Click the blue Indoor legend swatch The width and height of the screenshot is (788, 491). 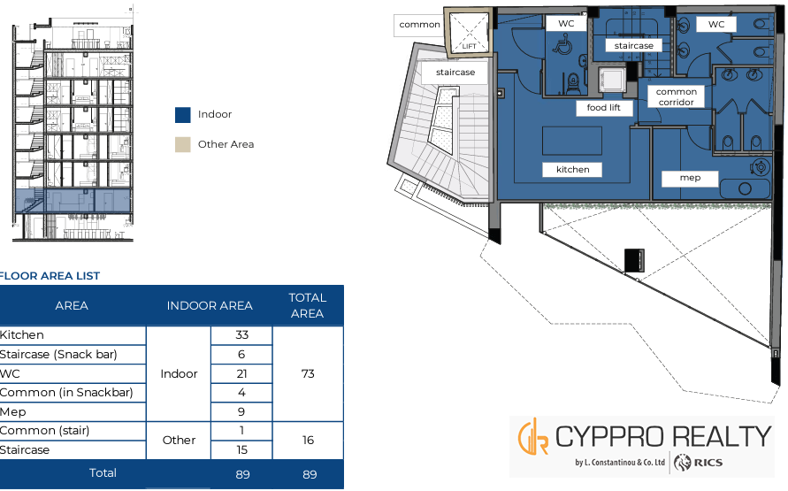[183, 115]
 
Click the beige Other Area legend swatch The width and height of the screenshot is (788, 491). [183, 145]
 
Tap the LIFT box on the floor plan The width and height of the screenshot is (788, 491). [469, 32]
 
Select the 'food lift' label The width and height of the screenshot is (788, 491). [603, 108]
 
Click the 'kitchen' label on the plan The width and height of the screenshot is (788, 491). [572, 170]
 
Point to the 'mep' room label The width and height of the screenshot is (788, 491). [690, 178]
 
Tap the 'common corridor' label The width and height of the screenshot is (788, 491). [676, 97]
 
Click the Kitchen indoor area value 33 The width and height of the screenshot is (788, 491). [241, 335]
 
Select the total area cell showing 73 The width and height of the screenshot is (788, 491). [308, 374]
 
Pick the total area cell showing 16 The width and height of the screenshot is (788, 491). [308, 441]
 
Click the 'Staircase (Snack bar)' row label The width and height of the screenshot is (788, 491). [58, 355]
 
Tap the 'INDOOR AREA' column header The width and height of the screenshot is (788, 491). [210, 305]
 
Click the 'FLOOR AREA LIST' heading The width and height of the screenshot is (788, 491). [50, 276]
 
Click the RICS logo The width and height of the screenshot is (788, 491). [698, 463]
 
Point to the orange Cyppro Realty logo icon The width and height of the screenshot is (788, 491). [533, 437]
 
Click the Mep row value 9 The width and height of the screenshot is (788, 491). [241, 412]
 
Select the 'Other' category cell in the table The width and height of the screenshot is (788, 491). [179, 441]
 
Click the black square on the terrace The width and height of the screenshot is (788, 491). [634, 260]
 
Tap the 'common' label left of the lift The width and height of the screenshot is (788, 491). [419, 25]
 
